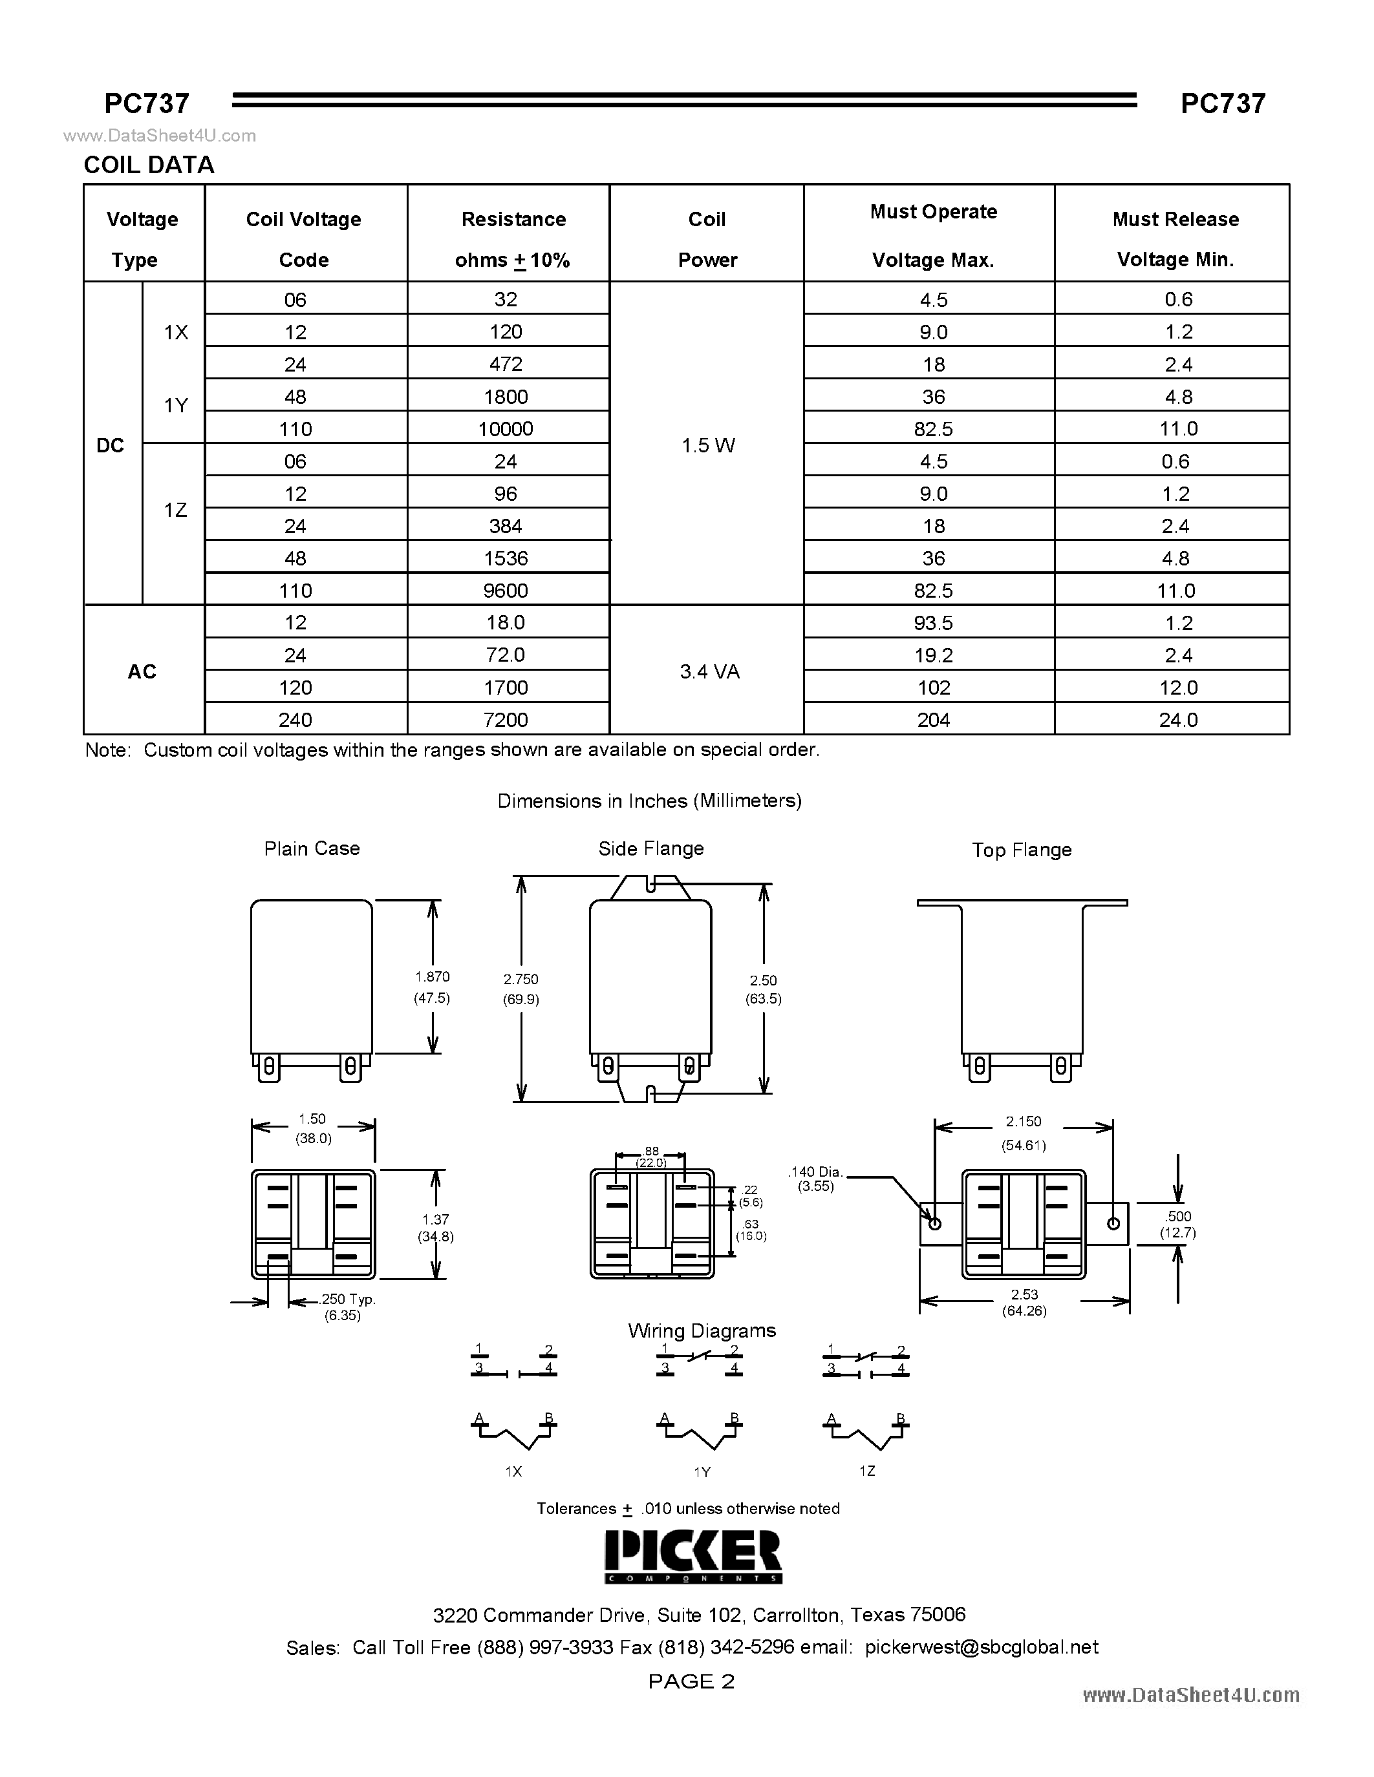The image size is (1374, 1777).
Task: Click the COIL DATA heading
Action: click(x=149, y=165)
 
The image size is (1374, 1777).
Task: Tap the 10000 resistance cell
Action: click(x=506, y=429)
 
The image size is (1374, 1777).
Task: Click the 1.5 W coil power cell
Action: click(x=707, y=445)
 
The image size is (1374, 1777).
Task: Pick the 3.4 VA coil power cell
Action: click(x=709, y=671)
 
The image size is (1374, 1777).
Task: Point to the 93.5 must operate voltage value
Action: click(x=933, y=622)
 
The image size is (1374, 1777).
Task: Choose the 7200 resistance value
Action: click(x=506, y=720)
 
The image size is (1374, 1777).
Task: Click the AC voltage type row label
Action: click(x=142, y=671)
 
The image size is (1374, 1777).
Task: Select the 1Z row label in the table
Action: click(x=175, y=510)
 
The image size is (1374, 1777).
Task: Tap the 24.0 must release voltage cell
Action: click(x=1178, y=720)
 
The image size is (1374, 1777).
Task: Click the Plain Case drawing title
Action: click(x=312, y=848)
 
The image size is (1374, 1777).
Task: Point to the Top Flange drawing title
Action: click(x=1022, y=850)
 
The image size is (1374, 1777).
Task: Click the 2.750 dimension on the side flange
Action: click(x=521, y=979)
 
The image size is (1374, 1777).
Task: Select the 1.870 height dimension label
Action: click(x=432, y=976)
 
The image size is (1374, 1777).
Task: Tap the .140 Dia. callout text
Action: click(x=815, y=1172)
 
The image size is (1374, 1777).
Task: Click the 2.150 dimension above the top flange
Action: click(x=1023, y=1121)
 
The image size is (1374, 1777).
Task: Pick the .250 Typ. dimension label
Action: click(x=348, y=1299)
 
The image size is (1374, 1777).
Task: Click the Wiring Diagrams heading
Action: click(x=702, y=1330)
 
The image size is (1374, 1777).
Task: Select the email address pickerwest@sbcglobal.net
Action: click(x=982, y=1647)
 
